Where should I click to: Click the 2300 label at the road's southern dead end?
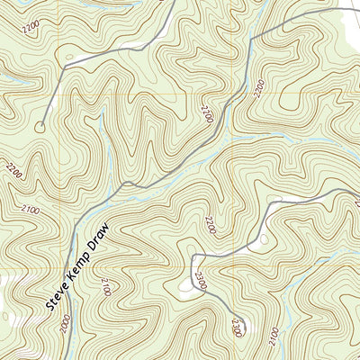click(x=237, y=329)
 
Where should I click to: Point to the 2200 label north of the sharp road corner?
click(x=211, y=222)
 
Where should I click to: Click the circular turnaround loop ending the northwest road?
click(x=40, y=126)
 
